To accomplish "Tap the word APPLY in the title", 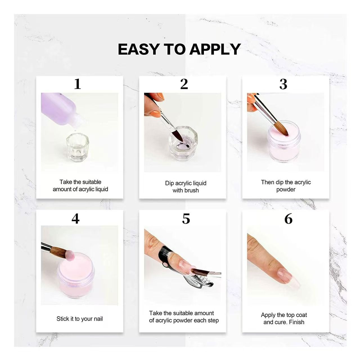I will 215,49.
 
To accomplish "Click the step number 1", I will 77,84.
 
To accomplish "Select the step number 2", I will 184,84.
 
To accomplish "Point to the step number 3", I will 283,84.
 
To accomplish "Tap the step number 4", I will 75,219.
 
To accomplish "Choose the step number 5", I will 186,219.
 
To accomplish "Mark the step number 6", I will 288,219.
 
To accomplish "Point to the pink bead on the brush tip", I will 69,255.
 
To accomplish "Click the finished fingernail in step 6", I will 285,275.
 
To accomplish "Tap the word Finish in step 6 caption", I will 296,322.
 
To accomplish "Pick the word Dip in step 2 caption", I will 169,183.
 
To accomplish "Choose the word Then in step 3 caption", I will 267,182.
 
